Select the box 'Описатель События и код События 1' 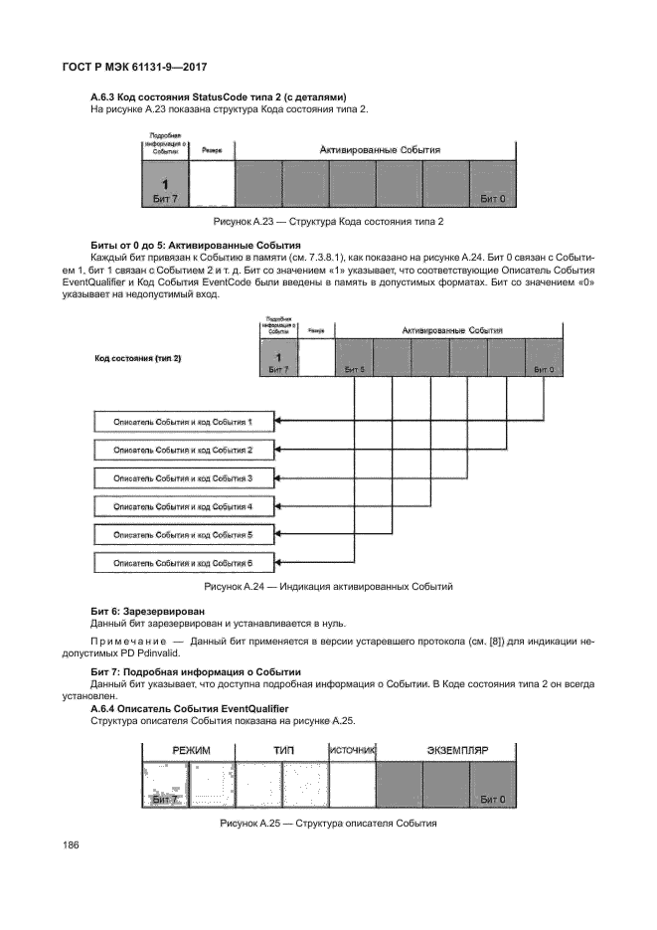(x=183, y=422)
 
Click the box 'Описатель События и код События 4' (x=183, y=506)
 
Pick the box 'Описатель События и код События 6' (x=183, y=563)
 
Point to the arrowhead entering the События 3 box (x=279, y=478)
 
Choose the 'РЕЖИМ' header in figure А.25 (x=191, y=752)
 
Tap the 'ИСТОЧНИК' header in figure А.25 (x=351, y=752)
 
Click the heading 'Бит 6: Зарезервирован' (x=148, y=610)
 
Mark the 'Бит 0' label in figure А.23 (x=492, y=199)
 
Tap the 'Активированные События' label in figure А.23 (x=379, y=149)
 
